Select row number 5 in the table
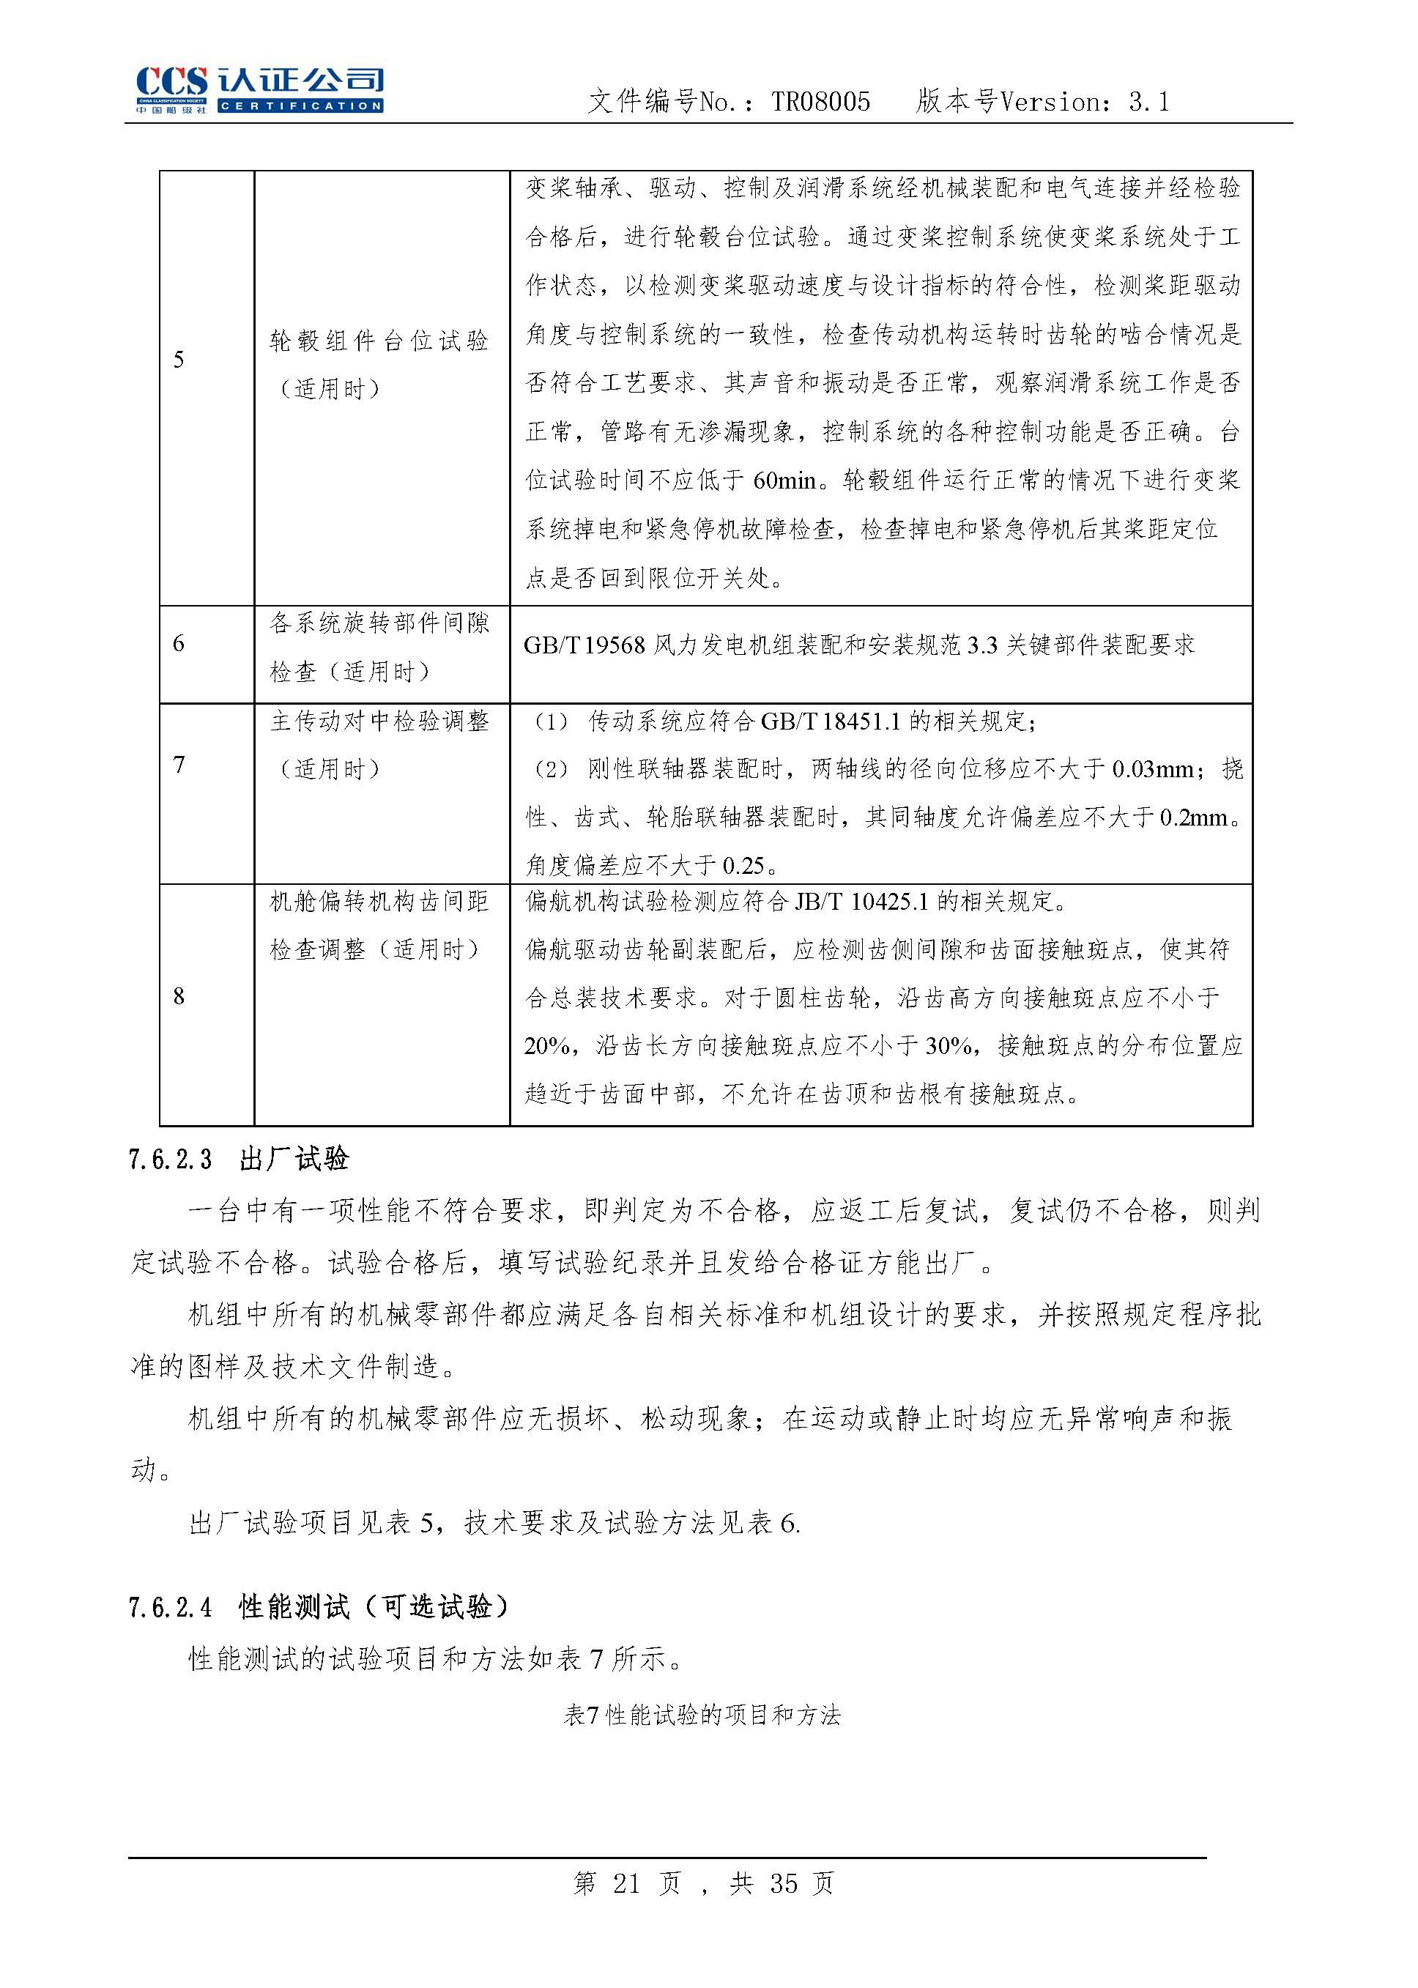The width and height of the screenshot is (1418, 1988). pos(179,360)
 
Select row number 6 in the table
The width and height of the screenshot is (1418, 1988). pos(179,643)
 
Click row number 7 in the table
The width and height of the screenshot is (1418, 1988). pos(179,765)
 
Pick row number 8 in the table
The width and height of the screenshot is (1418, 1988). pos(179,996)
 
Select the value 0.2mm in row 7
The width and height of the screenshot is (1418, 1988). pos(1192,818)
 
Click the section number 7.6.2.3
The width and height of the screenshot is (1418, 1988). pos(170,1160)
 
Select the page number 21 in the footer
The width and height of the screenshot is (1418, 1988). pos(626,1884)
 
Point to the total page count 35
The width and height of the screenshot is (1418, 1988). pos(783,1884)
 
